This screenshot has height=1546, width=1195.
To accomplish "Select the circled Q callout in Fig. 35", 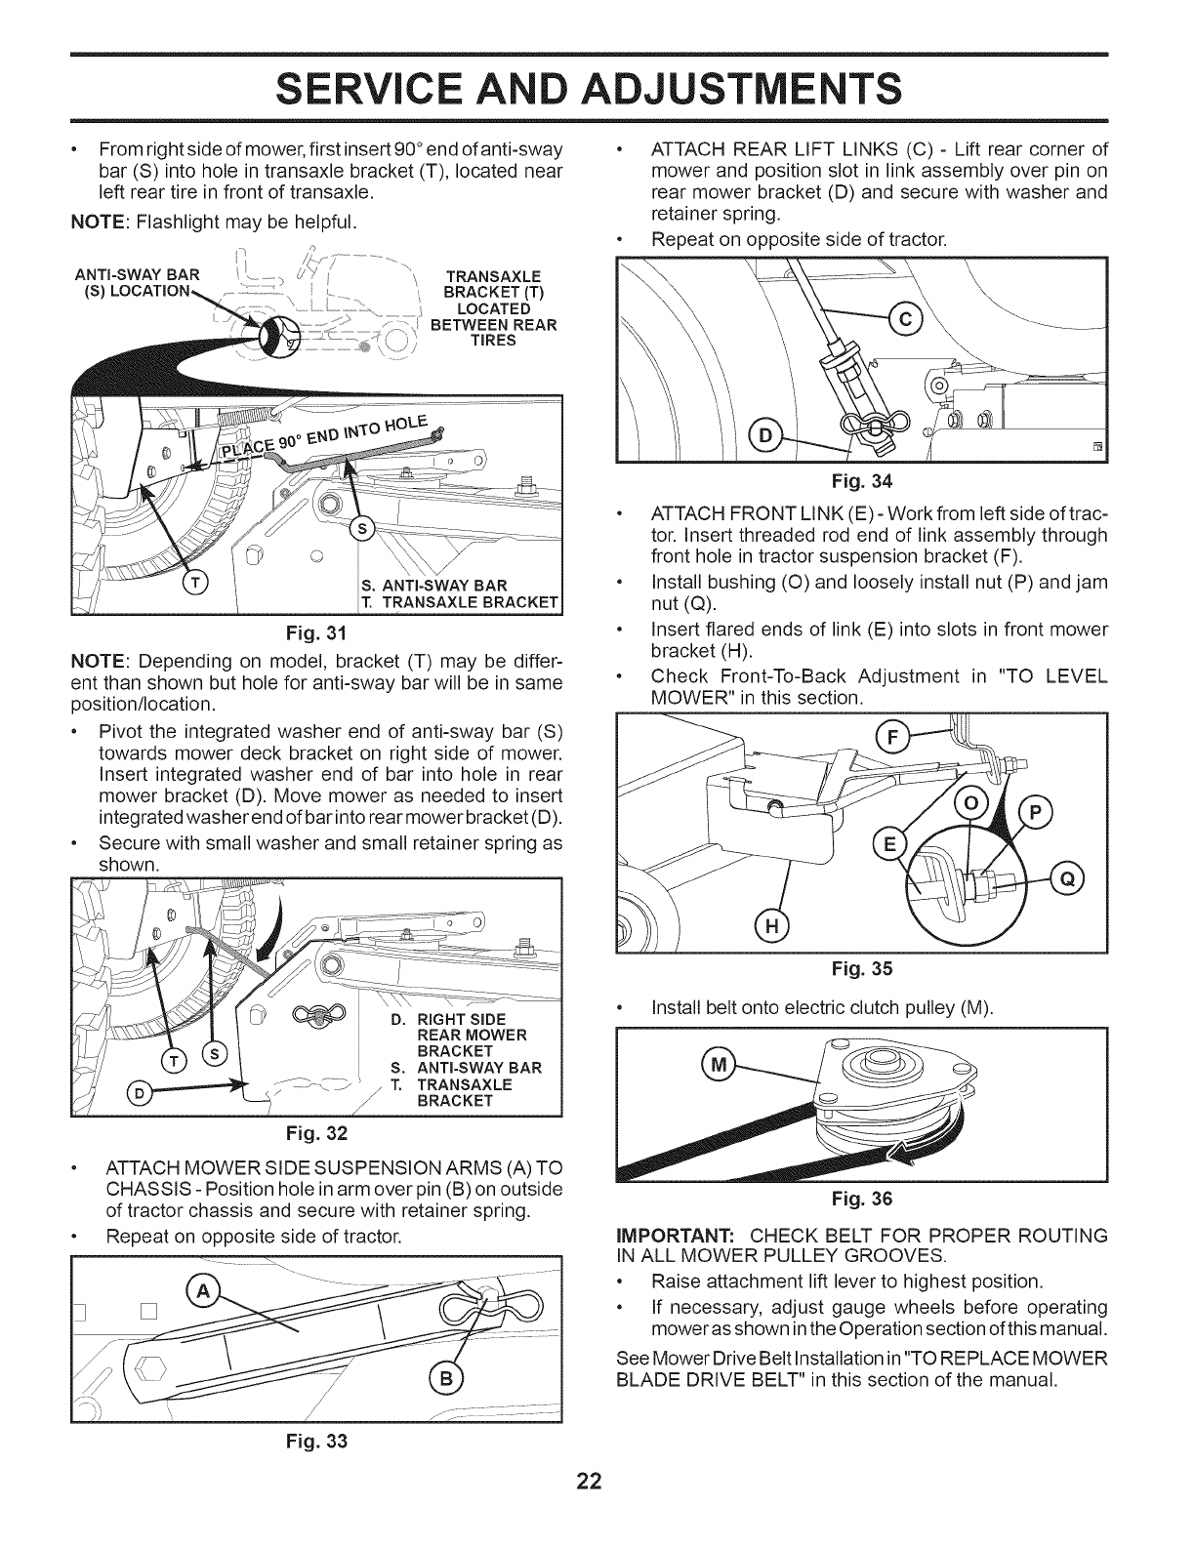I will (x=1067, y=878).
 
